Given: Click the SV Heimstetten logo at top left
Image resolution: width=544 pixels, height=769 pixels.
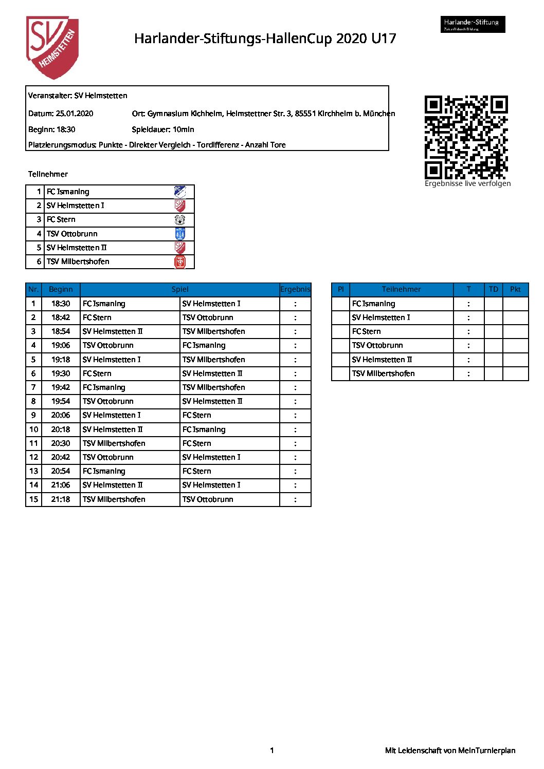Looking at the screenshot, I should click(52, 47).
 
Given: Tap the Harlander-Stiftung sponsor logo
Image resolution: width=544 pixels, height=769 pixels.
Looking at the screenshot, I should click(473, 24).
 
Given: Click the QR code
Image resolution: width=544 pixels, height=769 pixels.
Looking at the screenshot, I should click(466, 137).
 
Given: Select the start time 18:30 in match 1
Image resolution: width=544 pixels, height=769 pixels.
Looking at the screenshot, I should click(61, 304).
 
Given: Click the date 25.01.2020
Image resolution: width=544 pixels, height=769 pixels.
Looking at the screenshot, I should click(75, 114).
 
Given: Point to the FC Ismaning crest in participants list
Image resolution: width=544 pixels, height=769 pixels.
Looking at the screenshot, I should click(180, 192).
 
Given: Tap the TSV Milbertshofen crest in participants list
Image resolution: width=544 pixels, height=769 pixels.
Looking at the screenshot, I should click(180, 261).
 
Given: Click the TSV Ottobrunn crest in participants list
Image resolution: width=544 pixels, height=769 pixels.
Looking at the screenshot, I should click(180, 234).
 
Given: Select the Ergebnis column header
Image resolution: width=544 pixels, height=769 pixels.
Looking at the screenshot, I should click(295, 289).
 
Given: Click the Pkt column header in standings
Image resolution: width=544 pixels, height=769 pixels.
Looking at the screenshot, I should click(515, 289).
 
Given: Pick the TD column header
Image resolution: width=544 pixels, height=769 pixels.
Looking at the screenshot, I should click(493, 289).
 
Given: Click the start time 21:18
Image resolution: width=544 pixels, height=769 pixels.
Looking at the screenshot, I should click(61, 499).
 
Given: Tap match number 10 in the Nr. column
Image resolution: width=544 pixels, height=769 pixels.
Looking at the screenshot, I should click(33, 429).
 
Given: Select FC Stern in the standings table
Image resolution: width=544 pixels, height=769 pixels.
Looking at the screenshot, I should click(367, 331).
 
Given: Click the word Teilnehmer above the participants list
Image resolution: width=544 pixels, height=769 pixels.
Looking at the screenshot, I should click(48, 174).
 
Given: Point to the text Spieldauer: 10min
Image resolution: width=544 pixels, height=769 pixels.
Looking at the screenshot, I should click(163, 129).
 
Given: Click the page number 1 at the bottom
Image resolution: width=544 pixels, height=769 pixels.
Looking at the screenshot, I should click(272, 751).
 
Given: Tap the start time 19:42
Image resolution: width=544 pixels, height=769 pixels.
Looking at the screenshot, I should click(61, 387).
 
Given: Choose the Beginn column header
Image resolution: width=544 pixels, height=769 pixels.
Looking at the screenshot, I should click(61, 289).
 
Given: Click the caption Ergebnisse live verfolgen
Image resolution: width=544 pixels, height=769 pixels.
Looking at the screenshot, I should click(467, 183).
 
